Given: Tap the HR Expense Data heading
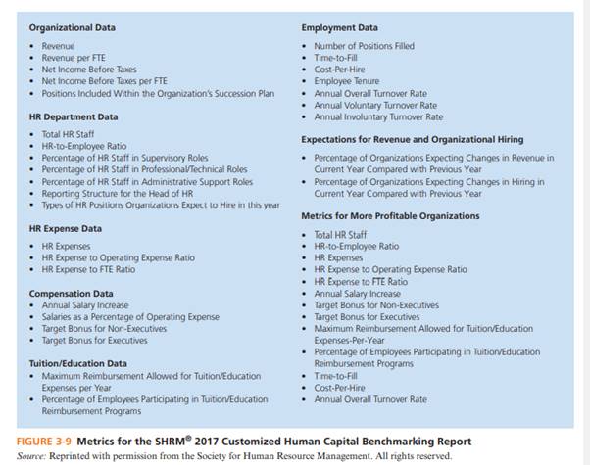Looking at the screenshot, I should [65, 227].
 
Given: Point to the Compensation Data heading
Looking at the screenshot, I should [70, 293].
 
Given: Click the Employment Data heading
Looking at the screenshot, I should [338, 27].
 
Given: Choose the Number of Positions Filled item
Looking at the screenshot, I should [365, 46].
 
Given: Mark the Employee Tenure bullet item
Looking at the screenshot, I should [345, 82].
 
